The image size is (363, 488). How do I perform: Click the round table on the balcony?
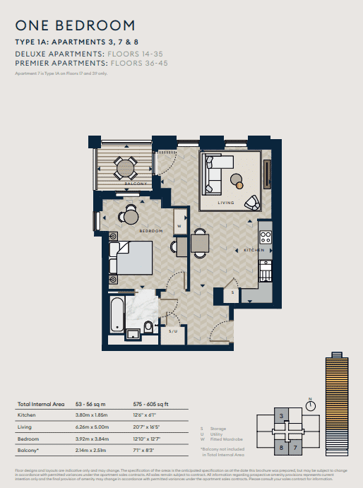126,168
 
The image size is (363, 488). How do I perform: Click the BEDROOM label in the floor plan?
151,231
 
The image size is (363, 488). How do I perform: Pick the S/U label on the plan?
173,329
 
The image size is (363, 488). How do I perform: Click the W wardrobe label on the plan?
179,227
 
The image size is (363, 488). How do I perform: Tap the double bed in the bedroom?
134,258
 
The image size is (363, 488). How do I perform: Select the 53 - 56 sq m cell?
92,404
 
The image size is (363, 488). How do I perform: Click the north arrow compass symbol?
309,404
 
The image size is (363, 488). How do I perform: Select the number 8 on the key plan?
281,447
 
